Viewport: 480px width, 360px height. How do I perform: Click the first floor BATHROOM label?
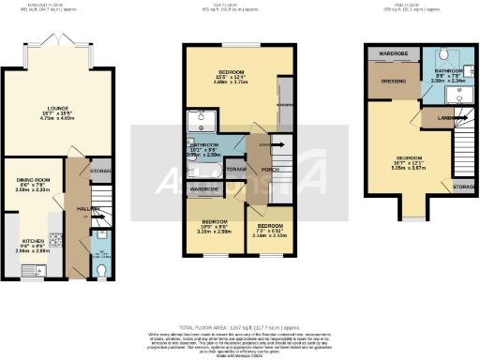tap(203, 145)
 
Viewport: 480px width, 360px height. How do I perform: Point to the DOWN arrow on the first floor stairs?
tap(266, 144)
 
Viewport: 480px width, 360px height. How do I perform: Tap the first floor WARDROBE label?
tap(203, 189)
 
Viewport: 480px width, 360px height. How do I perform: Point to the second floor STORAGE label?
tap(463, 188)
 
